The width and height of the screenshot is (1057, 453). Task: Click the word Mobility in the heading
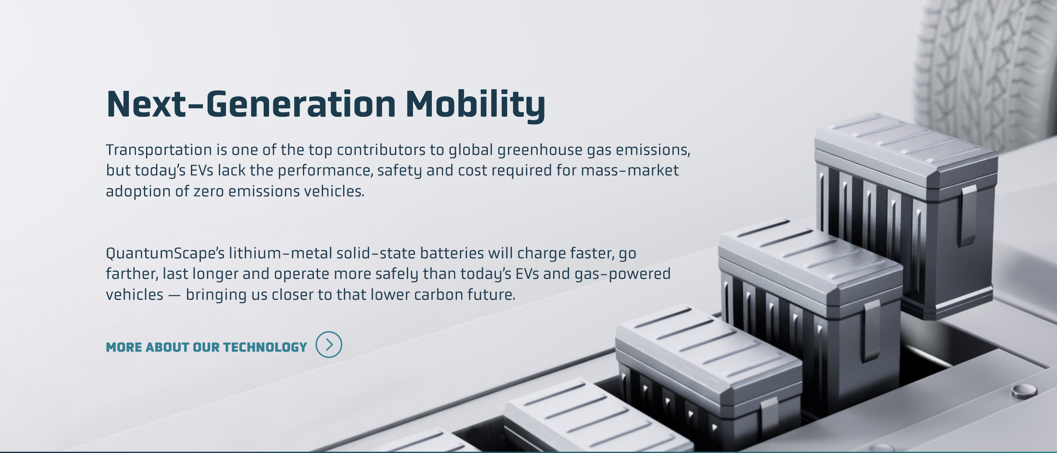475,104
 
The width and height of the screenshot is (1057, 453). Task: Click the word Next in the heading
146,104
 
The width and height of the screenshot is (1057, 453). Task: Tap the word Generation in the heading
300,104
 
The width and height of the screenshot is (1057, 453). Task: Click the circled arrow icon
329,345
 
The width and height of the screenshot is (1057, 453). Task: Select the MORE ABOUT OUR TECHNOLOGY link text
207,347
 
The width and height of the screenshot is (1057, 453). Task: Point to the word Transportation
159,150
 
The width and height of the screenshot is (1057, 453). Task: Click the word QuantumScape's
165,254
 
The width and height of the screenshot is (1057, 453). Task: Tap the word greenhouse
540,150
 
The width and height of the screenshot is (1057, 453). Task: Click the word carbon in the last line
439,295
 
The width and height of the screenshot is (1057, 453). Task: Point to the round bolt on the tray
1024,390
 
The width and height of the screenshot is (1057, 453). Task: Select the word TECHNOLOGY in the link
265,347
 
